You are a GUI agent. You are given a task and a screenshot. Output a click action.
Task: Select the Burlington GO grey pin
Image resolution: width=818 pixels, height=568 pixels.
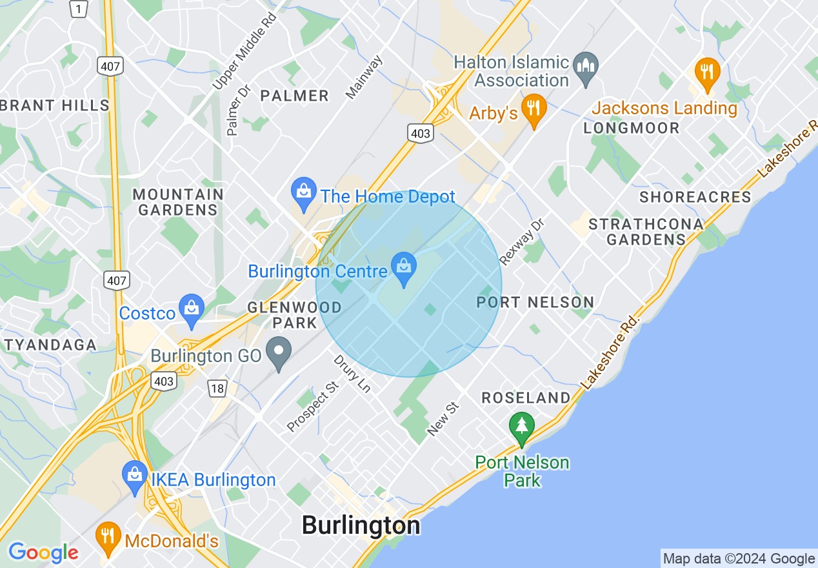point(279,352)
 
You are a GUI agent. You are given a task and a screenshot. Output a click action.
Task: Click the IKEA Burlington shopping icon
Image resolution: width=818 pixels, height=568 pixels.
point(135,476)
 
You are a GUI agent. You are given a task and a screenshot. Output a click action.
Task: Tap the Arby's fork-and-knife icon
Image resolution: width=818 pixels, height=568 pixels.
point(533,108)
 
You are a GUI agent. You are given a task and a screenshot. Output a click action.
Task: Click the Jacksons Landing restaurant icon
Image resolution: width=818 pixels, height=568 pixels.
point(708,71)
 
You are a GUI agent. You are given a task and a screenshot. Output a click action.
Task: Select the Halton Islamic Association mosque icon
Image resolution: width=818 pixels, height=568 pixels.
point(586,66)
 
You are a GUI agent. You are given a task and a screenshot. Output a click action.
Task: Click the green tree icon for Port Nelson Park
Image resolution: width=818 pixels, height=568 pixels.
point(521,428)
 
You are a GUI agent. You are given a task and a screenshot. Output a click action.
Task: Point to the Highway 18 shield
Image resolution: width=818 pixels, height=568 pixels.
point(218,388)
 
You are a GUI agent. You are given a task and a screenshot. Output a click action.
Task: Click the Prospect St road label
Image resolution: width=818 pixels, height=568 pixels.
point(313,407)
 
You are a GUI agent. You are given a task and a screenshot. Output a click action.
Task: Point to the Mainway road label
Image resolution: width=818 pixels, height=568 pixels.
point(364,78)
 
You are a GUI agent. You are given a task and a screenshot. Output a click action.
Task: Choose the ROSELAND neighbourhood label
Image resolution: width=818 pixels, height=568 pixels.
point(526,398)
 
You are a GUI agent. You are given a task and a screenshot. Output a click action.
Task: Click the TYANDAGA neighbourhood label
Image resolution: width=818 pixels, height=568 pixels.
point(50,345)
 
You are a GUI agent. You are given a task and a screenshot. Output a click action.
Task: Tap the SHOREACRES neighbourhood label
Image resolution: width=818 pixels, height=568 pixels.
point(695,197)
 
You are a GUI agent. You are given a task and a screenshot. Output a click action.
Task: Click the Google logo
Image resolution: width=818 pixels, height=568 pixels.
point(43,553)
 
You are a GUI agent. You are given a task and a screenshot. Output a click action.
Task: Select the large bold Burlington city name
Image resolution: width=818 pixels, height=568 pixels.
point(361,525)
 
